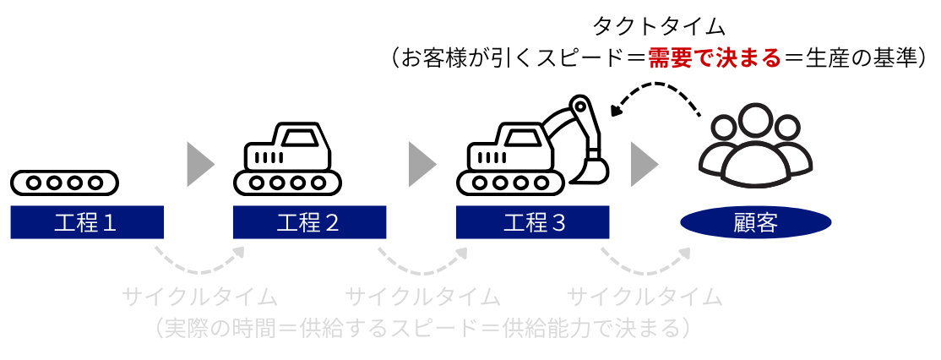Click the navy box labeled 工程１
(86, 223)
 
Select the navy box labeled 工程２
(309, 223)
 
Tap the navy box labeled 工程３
(532, 223)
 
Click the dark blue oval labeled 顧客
(756, 223)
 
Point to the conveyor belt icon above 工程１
(64, 182)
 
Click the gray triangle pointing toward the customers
(645, 163)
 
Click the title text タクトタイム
(660, 26)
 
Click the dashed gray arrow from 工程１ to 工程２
(200, 262)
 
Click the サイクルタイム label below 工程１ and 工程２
(199, 297)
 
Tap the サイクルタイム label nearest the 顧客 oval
(645, 297)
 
